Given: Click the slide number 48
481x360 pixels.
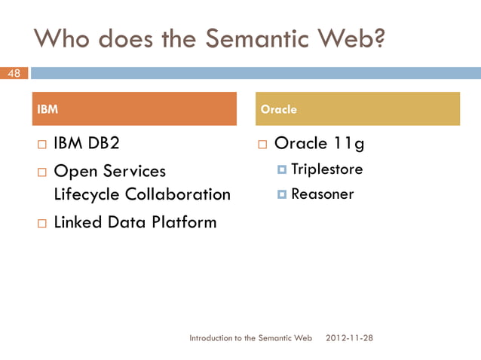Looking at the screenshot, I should coord(14,73).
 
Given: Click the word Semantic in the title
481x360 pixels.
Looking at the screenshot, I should coord(244,38).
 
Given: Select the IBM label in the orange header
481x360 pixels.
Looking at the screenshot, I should coord(47,109).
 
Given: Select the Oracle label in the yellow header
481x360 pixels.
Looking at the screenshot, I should coord(278,109).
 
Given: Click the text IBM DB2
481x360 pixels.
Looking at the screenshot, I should coord(87,143).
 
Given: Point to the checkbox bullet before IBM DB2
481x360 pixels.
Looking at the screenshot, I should coord(42,144).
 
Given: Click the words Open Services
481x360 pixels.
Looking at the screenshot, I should coord(110,171).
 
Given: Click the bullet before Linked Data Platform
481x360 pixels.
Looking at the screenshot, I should coord(42,223).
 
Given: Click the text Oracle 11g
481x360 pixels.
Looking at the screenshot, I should coord(319,143).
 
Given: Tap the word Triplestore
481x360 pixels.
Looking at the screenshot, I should coord(326,169).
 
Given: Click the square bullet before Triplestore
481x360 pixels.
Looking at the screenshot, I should coord(282,170).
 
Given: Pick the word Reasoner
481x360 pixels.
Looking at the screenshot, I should coord(322,194).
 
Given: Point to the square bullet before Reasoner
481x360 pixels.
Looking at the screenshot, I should coord(282,195).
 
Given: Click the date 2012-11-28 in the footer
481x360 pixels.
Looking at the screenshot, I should coord(348,338).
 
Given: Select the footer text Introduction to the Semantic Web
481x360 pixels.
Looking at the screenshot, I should coord(250,338).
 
